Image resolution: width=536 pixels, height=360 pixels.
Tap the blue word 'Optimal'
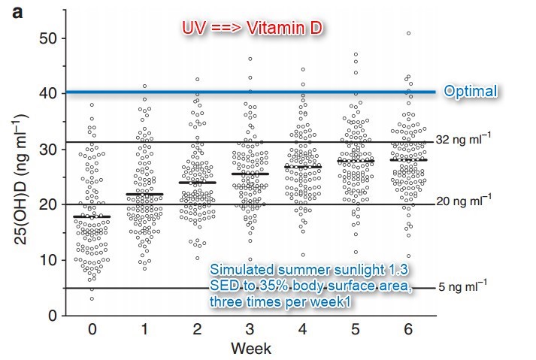click(470, 92)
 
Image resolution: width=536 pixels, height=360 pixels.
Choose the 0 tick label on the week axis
click(92, 331)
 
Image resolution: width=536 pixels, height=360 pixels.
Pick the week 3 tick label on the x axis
click(250, 331)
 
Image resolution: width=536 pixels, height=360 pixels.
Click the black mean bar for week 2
click(198, 183)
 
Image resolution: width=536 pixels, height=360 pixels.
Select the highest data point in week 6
click(408, 33)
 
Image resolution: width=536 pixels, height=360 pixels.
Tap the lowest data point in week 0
click(92, 298)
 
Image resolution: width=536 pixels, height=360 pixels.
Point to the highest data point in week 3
click(250, 59)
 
